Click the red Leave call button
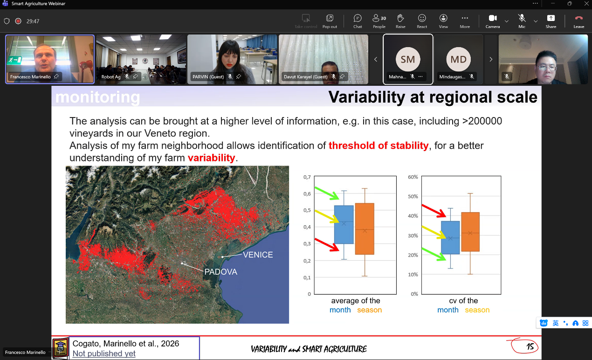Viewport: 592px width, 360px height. point(578,21)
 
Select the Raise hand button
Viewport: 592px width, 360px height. point(400,21)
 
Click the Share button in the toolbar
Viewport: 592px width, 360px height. point(551,21)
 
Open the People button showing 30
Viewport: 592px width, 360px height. point(379,21)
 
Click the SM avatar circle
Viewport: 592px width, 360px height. point(408,59)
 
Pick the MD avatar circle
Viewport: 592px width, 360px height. point(459,59)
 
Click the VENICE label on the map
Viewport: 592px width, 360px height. point(258,255)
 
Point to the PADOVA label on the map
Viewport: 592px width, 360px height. point(220,272)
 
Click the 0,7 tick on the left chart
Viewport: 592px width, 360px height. point(307,177)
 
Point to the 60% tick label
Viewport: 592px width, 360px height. point(413,177)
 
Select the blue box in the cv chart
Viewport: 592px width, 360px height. point(450,238)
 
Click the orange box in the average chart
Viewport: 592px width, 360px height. point(365,229)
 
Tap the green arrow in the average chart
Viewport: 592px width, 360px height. point(327,193)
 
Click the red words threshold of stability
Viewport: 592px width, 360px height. point(379,145)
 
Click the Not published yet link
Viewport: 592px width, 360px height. point(104,353)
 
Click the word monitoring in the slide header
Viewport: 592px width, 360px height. point(97,97)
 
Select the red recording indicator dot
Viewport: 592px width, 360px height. point(18,21)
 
